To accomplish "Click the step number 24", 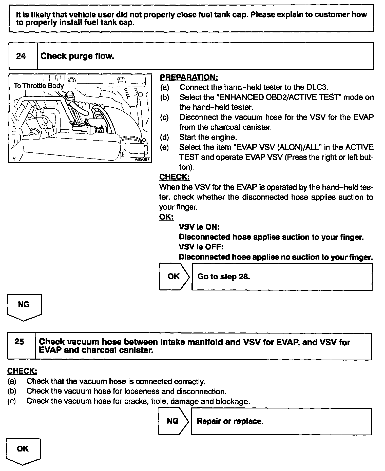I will [x=21, y=56].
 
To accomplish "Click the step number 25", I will [x=20, y=342].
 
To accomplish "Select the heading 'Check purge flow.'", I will [x=77, y=56].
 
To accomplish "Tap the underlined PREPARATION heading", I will [x=189, y=77].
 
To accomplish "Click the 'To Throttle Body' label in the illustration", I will [x=39, y=86].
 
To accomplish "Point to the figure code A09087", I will [x=142, y=159].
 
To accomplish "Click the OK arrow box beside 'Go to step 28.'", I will [x=174, y=276].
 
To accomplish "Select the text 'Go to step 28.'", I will [x=224, y=276].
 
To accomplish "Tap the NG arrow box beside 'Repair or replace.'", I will [x=173, y=421].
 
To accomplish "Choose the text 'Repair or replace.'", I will [x=230, y=421].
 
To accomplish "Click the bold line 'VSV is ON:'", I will [x=199, y=227].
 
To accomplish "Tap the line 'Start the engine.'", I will [x=208, y=137].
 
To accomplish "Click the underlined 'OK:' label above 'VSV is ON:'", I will [x=166, y=217].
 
